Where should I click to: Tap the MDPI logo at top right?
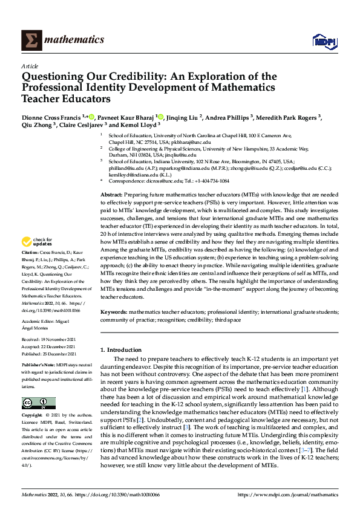[322, 41]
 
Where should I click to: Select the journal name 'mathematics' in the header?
[74, 40]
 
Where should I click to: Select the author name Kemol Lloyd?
[151, 126]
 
